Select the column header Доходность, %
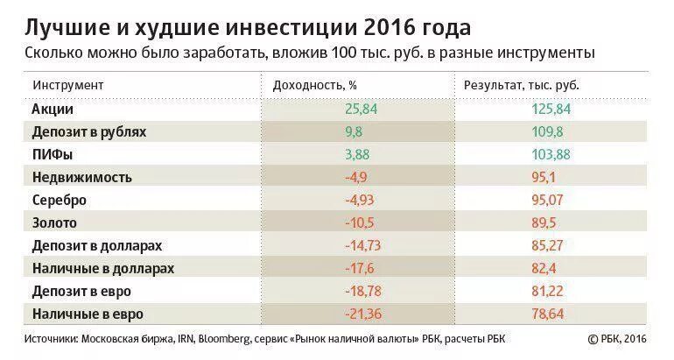(314, 86)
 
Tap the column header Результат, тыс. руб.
(522, 86)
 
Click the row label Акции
(53, 109)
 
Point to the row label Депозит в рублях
(88, 132)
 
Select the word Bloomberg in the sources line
(228, 339)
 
